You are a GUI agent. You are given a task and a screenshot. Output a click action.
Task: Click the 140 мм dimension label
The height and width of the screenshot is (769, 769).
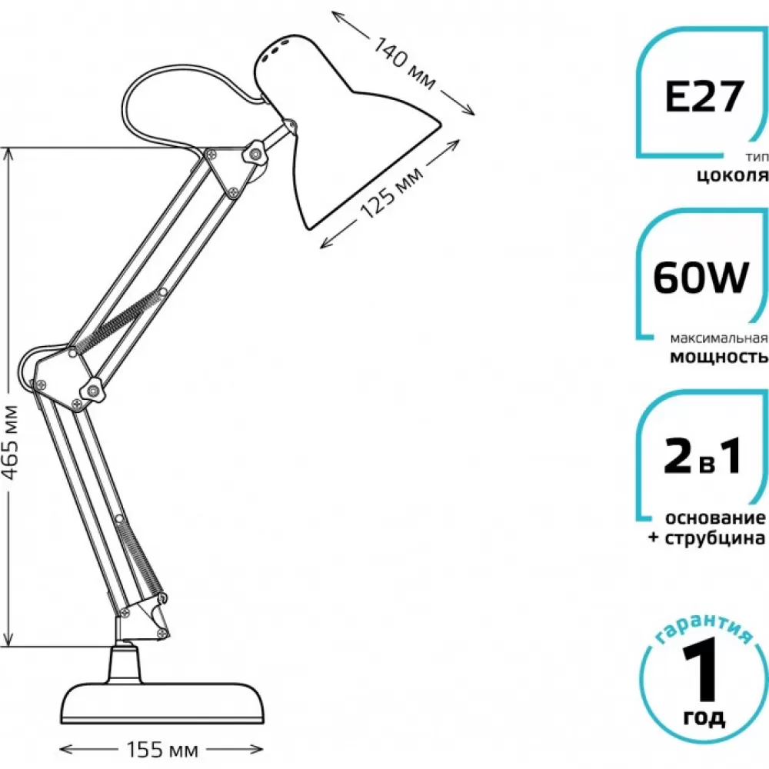[x=404, y=63]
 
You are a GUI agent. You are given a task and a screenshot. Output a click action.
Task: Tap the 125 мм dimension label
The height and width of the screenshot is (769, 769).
[x=391, y=193]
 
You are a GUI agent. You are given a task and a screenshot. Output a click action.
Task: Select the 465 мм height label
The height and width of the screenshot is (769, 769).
[x=10, y=442]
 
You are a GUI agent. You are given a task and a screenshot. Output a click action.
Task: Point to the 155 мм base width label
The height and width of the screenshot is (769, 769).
[x=162, y=749]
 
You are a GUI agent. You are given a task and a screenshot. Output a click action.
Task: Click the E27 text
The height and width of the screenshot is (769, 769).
[x=704, y=96]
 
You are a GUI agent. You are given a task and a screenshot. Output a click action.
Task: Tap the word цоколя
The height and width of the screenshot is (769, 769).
[x=733, y=175]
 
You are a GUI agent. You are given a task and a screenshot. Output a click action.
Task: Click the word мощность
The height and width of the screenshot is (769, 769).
[x=719, y=357]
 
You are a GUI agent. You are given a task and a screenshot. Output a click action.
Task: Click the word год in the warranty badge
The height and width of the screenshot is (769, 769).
[x=704, y=718]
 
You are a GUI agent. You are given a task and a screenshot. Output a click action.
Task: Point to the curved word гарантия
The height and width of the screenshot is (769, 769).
[x=702, y=629]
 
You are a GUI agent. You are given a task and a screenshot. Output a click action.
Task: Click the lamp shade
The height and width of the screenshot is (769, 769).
[x=338, y=128]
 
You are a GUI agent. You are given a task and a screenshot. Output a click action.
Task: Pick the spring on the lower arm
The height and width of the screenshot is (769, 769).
[x=140, y=557]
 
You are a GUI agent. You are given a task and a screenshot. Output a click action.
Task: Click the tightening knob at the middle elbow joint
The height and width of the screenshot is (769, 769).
[x=92, y=390]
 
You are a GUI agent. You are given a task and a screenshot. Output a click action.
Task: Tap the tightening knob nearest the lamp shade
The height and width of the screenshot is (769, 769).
[x=255, y=154]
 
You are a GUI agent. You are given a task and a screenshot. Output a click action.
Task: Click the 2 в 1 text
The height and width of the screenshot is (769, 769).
[x=702, y=457]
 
